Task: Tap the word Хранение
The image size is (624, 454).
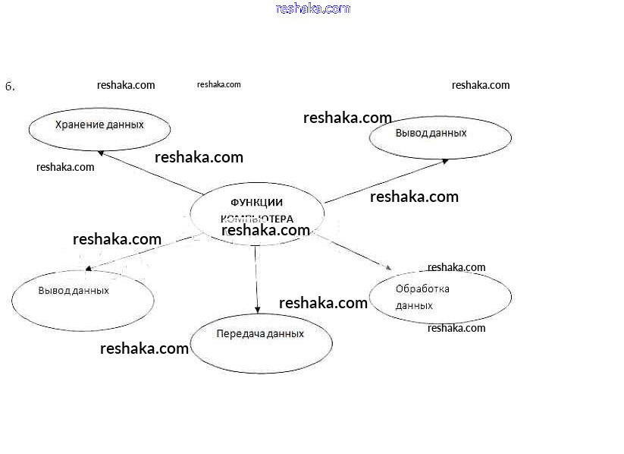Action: point(78,124)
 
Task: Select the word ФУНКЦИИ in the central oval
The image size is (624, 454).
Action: point(256,202)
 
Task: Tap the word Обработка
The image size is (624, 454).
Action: point(422,289)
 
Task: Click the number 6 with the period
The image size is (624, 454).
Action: point(10,87)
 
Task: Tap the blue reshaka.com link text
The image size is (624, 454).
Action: point(313,9)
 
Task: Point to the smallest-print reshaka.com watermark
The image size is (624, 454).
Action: point(218,84)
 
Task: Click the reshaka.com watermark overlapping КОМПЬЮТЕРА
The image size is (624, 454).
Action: point(265,230)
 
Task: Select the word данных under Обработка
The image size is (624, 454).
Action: point(414,305)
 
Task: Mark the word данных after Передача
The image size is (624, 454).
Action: point(286,334)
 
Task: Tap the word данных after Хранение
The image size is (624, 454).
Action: point(125,124)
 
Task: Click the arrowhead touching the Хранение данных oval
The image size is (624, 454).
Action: point(102,153)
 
